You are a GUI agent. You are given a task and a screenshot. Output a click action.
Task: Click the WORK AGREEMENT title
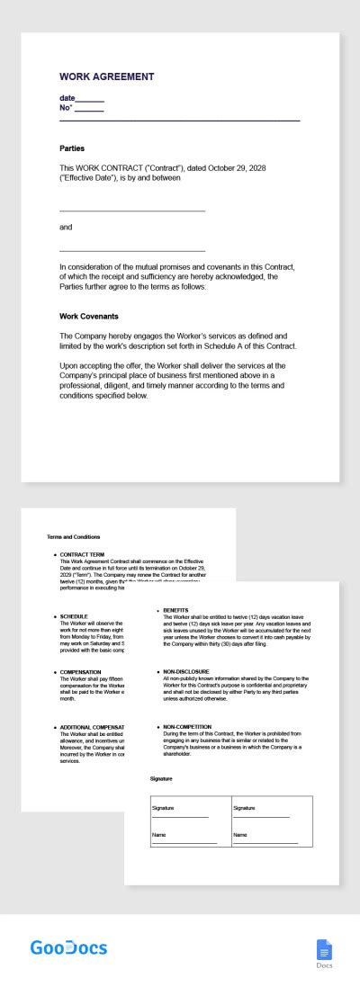tap(106, 77)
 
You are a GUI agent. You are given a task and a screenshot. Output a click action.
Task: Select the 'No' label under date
tap(65, 108)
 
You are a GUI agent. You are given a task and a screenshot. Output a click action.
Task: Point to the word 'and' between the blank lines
tap(66, 227)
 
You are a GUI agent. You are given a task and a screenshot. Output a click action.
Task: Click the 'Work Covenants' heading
tap(89, 317)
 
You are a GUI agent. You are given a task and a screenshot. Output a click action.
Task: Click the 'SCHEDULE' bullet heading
tap(74, 617)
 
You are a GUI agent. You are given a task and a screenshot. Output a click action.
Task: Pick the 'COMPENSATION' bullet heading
tap(81, 672)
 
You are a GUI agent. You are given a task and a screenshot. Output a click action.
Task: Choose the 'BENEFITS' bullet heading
tap(175, 610)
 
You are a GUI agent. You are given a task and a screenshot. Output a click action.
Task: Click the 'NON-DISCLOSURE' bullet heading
tap(187, 671)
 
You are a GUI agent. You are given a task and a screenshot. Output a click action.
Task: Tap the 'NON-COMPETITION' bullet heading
tap(187, 726)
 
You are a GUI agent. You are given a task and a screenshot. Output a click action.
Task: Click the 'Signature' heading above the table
tap(161, 778)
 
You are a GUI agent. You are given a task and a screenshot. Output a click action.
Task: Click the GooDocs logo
tap(68, 947)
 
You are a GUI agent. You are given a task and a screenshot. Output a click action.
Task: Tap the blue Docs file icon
tap(325, 950)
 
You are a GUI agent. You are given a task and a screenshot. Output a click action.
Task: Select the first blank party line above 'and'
tap(132, 210)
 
